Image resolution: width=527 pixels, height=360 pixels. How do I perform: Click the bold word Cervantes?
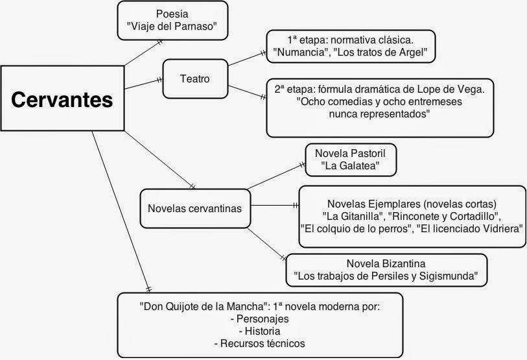pos(62,100)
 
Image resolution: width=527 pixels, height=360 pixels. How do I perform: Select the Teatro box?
pos(195,78)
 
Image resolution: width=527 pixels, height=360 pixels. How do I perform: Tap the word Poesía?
pos(172,14)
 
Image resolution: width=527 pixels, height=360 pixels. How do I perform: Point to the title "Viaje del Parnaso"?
pos(172,26)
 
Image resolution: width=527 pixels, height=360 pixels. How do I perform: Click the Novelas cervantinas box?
pos(195,208)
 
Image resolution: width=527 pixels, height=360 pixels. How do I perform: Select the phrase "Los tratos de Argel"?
pos(380,53)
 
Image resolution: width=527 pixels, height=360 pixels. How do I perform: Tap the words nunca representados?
pos(379,114)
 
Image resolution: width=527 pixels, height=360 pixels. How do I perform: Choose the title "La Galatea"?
pos(350,165)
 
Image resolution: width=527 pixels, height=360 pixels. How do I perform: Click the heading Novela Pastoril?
pos(350,154)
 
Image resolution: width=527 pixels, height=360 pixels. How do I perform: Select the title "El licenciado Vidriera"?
pos(470,229)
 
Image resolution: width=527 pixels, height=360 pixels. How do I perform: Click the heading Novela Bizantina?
pos(386,263)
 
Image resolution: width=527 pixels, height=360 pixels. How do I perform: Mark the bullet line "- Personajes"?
pos(260,318)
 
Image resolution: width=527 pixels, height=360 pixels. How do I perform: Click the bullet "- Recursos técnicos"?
pos(260,344)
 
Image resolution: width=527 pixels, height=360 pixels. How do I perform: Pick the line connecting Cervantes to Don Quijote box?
pos(121,211)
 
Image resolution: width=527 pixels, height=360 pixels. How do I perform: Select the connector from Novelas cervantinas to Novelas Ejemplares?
pos(275,205)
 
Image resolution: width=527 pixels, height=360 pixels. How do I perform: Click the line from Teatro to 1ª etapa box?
pos(248,59)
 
